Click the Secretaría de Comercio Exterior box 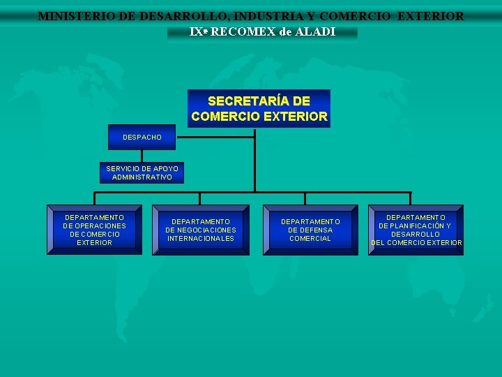point(259,108)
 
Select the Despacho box point(142,138)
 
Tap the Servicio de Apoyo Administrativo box point(142,173)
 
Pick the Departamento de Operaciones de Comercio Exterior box point(94,230)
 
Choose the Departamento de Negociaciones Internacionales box point(201,230)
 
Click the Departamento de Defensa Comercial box point(310,230)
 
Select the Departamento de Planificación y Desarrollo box point(416,230)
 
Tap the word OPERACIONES point(100,226)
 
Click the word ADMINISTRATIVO point(142,177)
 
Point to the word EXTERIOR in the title point(430,15)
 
